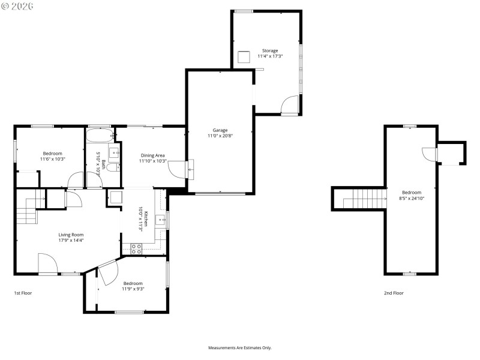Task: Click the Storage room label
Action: click(269, 50)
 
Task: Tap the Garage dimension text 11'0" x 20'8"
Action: click(220, 136)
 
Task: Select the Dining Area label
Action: click(152, 155)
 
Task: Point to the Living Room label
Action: click(71, 235)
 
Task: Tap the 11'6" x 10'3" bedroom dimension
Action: click(52, 159)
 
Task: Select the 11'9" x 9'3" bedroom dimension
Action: click(133, 289)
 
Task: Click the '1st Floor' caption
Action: click(23, 293)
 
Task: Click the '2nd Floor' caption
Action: click(394, 293)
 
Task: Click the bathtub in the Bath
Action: click(100, 134)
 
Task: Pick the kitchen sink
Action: click(160, 220)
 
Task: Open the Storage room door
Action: click(289, 104)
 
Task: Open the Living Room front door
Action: click(48, 263)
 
